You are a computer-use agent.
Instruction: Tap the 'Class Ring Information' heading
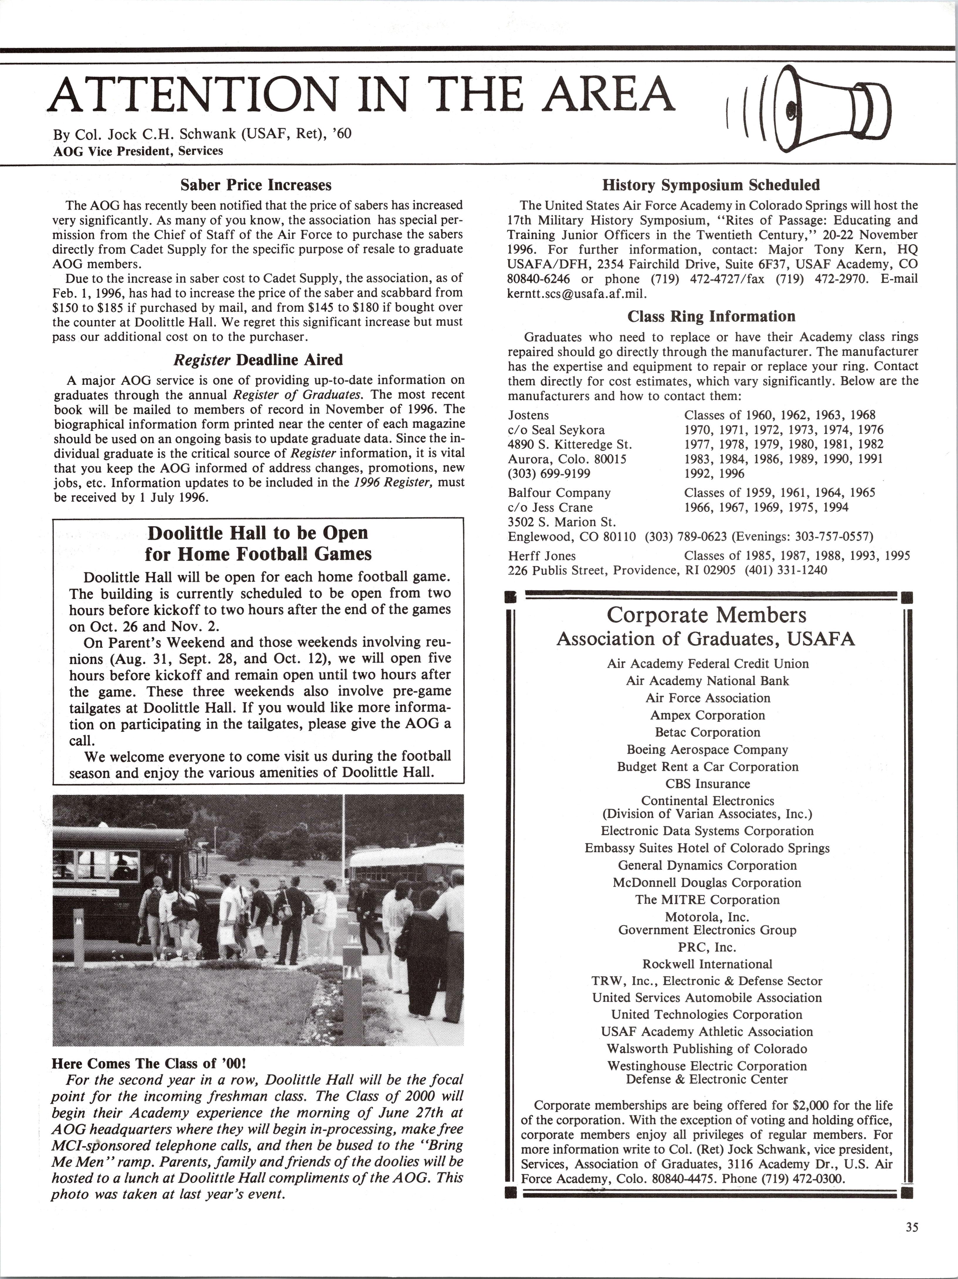coord(711,316)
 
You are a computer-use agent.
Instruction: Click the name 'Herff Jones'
coord(542,556)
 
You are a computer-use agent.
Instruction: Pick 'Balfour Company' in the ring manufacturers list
coord(559,493)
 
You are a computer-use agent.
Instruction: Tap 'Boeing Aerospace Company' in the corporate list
coord(707,749)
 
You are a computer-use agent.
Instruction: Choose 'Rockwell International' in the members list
coord(707,964)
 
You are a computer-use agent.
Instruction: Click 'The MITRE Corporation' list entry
coord(707,900)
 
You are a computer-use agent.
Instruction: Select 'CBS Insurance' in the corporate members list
coord(707,784)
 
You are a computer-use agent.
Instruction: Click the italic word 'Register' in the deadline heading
coord(202,360)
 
